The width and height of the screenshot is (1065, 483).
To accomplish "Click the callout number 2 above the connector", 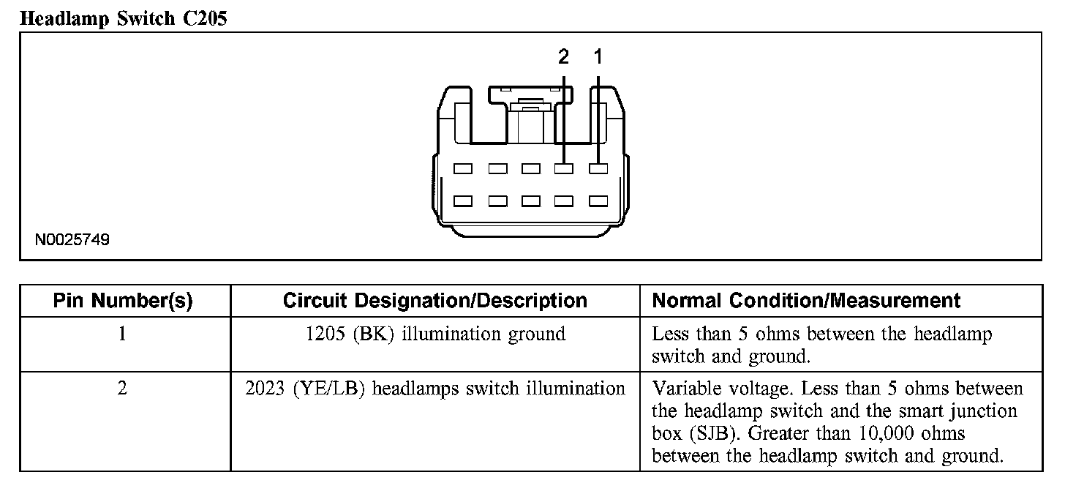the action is (x=563, y=56).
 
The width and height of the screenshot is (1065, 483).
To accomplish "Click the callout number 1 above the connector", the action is (x=598, y=56).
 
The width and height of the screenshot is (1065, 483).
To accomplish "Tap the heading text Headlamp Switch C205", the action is (x=124, y=19).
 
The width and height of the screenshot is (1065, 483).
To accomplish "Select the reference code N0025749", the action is (x=72, y=240).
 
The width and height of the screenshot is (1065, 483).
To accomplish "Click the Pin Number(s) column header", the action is (x=124, y=301).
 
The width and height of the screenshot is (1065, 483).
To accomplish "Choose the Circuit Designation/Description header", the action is (x=434, y=301).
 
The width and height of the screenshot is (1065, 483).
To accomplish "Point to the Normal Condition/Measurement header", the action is (x=806, y=301).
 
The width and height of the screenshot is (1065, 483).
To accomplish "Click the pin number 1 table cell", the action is (x=122, y=334).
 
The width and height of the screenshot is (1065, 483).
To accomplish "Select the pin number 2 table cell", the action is (x=122, y=389).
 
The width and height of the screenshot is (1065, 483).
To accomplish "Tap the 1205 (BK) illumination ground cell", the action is (x=434, y=334).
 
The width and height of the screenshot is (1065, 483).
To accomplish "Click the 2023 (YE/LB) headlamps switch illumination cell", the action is (x=434, y=389).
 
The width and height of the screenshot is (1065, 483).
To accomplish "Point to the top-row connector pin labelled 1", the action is (x=598, y=169).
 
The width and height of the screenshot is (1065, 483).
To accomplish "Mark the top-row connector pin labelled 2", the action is (x=563, y=169).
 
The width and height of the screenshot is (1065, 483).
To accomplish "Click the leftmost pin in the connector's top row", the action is (x=462, y=169).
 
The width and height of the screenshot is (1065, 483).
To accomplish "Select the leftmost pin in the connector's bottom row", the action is (x=462, y=201).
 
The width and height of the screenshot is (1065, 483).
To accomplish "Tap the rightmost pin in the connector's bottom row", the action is (x=598, y=201).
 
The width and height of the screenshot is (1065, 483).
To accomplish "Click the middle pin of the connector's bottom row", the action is (x=530, y=201).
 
